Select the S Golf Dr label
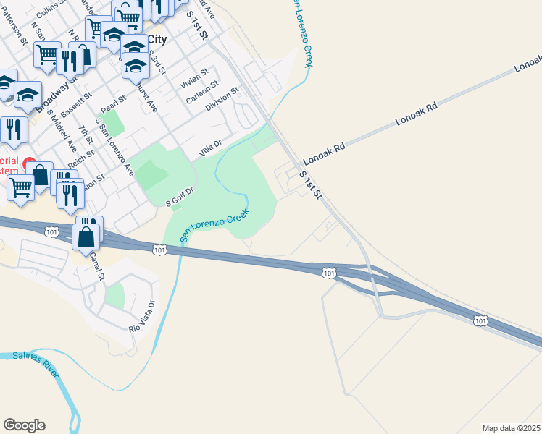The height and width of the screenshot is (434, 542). pyautogui.click(x=180, y=197)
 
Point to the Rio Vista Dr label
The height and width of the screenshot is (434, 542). pyautogui.click(x=142, y=317)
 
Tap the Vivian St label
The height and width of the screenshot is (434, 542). pyautogui.click(x=194, y=78)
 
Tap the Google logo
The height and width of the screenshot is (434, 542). pyautogui.click(x=24, y=425)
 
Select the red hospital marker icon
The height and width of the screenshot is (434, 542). pyautogui.click(x=30, y=162)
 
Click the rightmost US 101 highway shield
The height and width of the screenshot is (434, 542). pyautogui.click(x=480, y=320)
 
